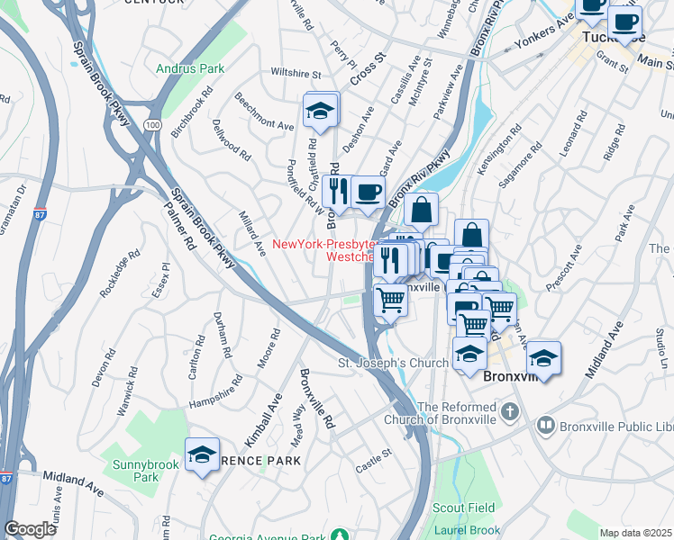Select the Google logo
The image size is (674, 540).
click(x=30, y=529)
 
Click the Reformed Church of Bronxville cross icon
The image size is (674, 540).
click(x=511, y=412)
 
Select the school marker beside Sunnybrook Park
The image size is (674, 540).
click(x=203, y=454)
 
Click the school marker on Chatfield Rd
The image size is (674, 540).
click(x=319, y=112)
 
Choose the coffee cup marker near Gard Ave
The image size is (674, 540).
click(x=368, y=192)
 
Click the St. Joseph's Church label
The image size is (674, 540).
click(x=392, y=363)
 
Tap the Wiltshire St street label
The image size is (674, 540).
click(x=296, y=73)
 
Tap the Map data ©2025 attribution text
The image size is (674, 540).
click(x=636, y=533)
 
